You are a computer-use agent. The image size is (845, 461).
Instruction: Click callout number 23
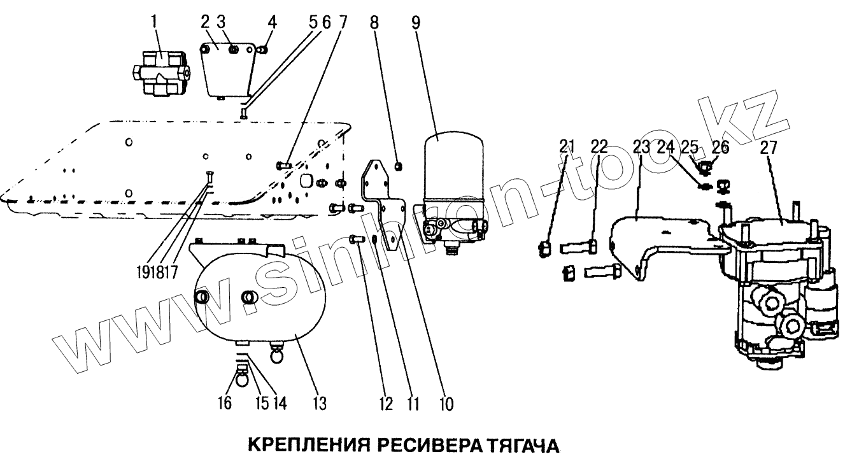click(641, 148)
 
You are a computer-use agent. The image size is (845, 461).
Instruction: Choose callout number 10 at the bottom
click(446, 403)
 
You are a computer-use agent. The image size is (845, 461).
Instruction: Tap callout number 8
click(374, 22)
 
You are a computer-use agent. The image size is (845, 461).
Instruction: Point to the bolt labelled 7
click(284, 166)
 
